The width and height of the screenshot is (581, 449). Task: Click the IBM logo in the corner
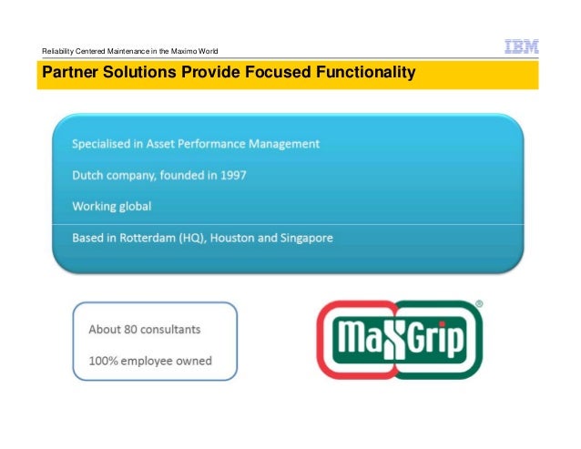tap(521, 46)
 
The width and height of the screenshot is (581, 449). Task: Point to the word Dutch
tap(90, 175)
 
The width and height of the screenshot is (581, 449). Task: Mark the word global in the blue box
tap(133, 207)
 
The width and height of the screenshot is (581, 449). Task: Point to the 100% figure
tap(105, 361)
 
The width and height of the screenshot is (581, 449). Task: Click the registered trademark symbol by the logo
tap(480, 305)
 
